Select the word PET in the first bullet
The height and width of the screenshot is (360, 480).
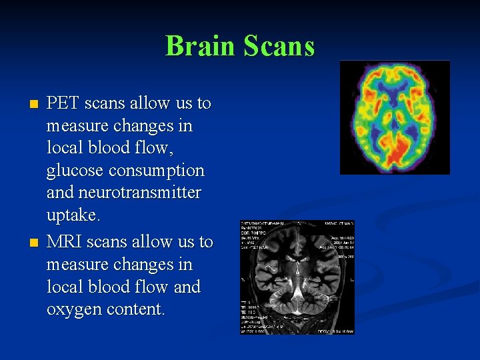(x=64, y=103)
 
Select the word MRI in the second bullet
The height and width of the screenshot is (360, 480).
(x=64, y=241)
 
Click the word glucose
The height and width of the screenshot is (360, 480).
(x=75, y=171)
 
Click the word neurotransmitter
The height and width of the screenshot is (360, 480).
(x=139, y=193)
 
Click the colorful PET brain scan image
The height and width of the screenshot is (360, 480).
(x=395, y=117)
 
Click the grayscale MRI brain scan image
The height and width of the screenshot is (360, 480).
(x=298, y=277)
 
